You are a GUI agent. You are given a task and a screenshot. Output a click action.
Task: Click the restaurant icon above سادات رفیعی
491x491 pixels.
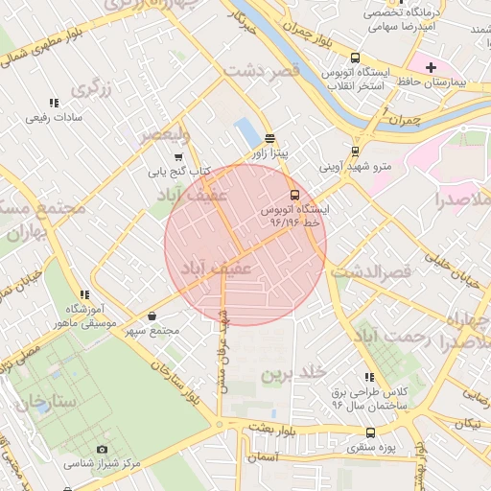pos(53,103)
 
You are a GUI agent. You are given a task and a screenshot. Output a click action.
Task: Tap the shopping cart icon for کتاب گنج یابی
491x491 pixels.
pos(178,157)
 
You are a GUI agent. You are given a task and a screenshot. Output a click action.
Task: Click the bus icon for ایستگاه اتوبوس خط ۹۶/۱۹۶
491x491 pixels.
pos(294,193)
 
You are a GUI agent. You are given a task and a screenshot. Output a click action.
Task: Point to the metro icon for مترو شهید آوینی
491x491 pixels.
pos(356,151)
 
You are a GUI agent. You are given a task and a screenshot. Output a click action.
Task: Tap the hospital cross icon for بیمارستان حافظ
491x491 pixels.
pos(432,68)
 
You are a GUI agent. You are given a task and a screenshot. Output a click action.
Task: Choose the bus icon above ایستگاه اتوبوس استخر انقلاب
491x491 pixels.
pos(356,58)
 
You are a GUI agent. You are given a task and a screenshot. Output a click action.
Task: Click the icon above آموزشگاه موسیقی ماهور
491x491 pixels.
pos(85,294)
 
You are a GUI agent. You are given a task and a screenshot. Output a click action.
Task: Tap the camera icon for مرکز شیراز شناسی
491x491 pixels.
pos(103,449)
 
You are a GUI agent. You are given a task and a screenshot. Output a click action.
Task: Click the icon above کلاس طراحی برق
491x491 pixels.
pos(369,378)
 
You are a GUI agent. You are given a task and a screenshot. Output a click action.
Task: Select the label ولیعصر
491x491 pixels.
pos(164,135)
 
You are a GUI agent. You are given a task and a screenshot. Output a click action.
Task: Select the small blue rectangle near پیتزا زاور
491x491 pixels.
pos(245,133)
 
